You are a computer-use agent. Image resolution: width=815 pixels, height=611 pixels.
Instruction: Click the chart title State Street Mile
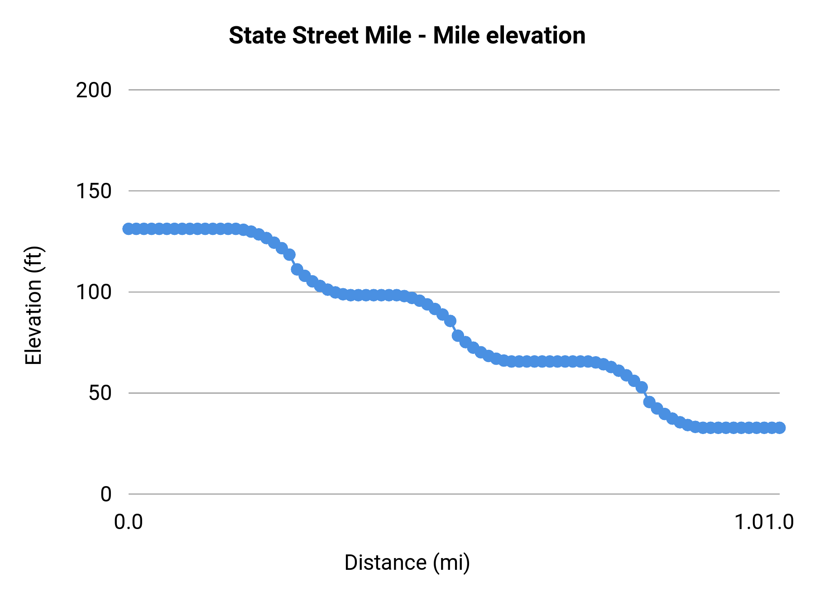point(407,35)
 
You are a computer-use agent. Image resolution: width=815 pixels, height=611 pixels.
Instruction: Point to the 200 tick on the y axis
point(94,90)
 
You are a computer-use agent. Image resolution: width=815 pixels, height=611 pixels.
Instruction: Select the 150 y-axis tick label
point(94,191)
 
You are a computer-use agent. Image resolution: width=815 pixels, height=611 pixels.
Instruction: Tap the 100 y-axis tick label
point(94,292)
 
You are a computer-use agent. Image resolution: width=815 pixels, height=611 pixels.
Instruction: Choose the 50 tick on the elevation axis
point(100,393)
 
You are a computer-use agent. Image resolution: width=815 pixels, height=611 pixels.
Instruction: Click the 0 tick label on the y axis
point(105,494)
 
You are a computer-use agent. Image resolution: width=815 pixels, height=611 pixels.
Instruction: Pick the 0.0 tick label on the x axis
point(129,522)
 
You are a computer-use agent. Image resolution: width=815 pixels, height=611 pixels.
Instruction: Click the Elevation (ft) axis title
point(34,305)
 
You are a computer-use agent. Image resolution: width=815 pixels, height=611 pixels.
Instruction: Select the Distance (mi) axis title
point(407,563)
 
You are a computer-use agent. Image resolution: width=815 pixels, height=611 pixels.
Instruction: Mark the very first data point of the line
point(129,229)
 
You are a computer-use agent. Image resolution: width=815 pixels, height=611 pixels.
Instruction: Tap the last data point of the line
point(779,428)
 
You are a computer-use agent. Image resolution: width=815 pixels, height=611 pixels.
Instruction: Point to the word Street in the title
point(326,35)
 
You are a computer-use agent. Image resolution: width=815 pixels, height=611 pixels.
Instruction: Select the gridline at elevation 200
point(453,90)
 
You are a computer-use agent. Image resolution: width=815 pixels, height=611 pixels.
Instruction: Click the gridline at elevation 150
point(453,191)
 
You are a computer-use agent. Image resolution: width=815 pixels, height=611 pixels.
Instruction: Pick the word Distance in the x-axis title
point(385,563)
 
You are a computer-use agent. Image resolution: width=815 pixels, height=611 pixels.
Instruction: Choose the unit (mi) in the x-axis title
point(451,563)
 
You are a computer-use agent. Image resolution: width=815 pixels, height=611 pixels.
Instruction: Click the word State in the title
point(258,35)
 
